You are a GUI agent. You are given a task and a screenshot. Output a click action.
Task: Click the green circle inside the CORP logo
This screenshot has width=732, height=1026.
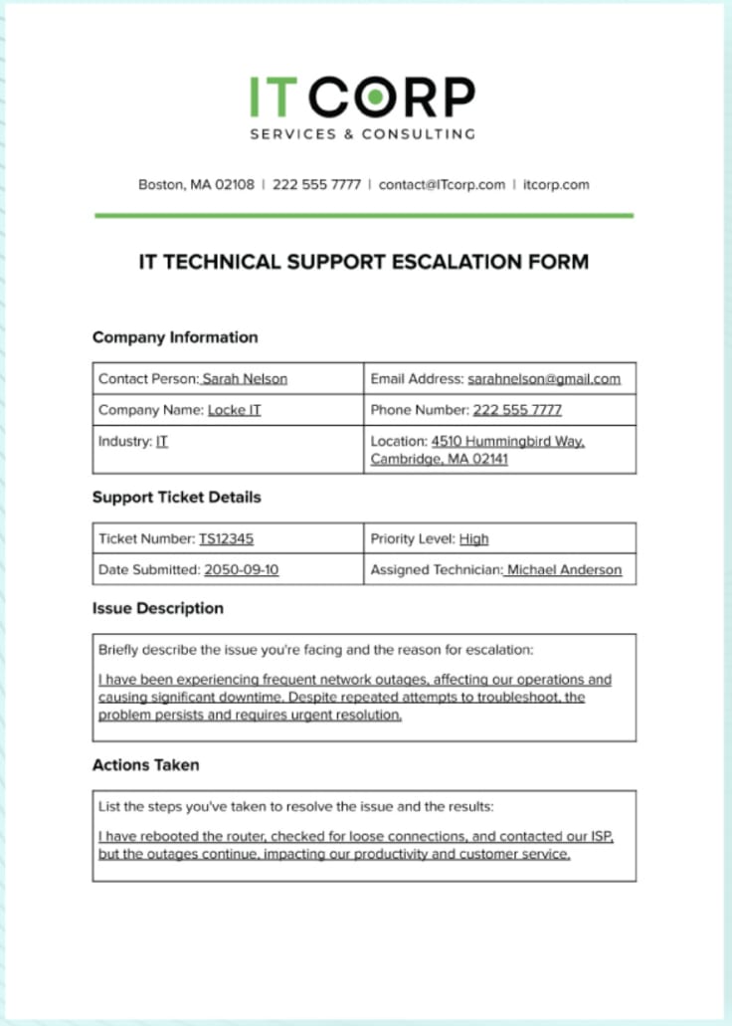tap(374, 97)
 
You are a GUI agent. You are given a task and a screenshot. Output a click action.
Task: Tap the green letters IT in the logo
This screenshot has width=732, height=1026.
tap(273, 97)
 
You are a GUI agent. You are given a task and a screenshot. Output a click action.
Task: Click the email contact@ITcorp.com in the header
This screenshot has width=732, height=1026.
tap(442, 184)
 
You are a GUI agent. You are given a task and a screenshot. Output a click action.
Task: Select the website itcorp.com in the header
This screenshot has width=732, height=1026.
tap(556, 184)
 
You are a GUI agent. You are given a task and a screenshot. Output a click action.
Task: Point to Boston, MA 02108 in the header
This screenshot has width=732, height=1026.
tap(196, 184)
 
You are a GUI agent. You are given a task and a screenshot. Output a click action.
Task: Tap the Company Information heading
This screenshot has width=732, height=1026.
tap(175, 337)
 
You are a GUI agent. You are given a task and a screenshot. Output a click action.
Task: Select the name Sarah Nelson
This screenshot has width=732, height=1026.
tap(245, 379)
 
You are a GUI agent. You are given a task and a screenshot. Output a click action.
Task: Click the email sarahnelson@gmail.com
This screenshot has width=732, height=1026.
tap(544, 379)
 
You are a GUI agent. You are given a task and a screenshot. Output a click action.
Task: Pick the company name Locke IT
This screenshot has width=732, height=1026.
tap(234, 410)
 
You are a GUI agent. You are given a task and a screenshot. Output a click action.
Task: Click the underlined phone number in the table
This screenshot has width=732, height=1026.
tap(517, 410)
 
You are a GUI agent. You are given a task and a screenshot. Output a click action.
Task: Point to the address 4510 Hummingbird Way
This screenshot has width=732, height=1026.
tap(507, 441)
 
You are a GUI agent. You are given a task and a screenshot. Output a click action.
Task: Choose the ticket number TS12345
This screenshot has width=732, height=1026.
tap(226, 539)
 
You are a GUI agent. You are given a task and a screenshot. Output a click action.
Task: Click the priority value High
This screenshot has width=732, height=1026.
tap(473, 539)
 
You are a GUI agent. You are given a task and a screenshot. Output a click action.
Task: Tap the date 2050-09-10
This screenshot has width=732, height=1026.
tap(241, 570)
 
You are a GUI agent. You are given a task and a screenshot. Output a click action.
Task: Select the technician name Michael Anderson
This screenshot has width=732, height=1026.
tap(564, 570)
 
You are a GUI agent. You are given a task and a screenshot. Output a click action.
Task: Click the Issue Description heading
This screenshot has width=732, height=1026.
tap(158, 608)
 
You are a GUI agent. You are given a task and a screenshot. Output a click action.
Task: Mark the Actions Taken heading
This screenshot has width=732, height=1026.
tap(146, 765)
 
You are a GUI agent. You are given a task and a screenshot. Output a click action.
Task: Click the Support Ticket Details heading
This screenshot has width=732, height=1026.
tap(177, 497)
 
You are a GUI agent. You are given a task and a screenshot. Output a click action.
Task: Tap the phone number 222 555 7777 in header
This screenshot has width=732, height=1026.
tap(316, 184)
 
